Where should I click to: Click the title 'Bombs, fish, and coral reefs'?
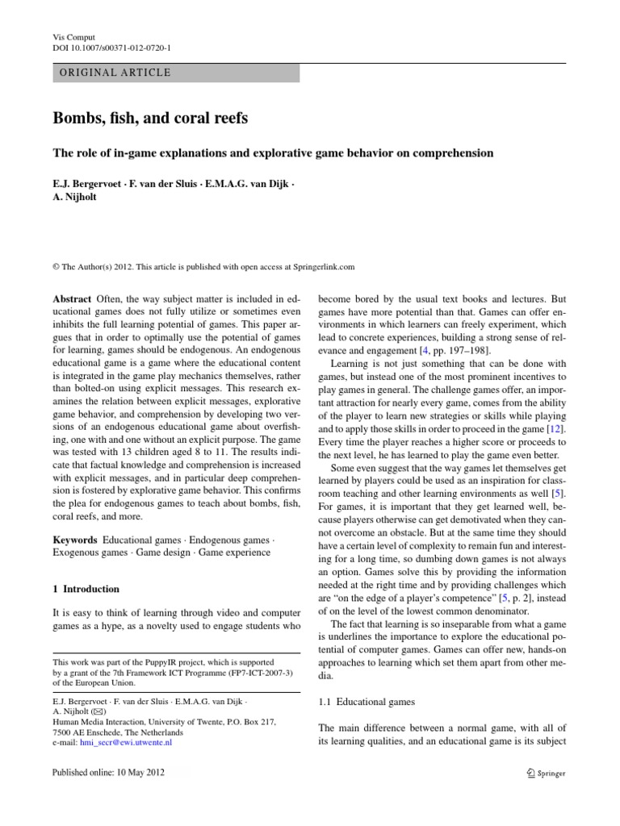click(x=150, y=119)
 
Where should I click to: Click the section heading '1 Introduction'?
click(x=85, y=589)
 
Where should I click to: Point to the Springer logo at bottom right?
click(x=545, y=773)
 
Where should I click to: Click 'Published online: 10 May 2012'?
click(x=108, y=773)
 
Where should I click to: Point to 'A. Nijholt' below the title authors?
click(x=73, y=198)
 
